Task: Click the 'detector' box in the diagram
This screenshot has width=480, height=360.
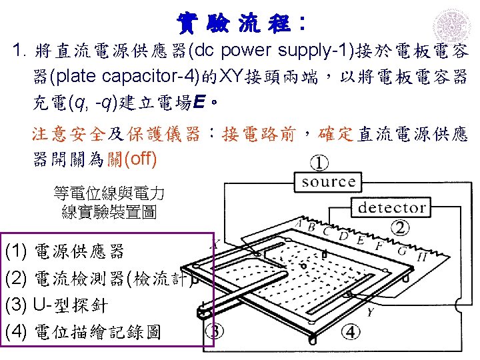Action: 392,207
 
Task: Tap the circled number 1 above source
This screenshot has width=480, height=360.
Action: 319,161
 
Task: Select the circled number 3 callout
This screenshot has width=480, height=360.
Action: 217,331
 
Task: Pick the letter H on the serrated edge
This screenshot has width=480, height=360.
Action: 422,257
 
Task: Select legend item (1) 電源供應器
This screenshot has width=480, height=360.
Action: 64,251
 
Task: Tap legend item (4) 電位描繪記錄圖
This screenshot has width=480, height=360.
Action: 83,331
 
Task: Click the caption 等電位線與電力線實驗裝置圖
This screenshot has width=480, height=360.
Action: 108,203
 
